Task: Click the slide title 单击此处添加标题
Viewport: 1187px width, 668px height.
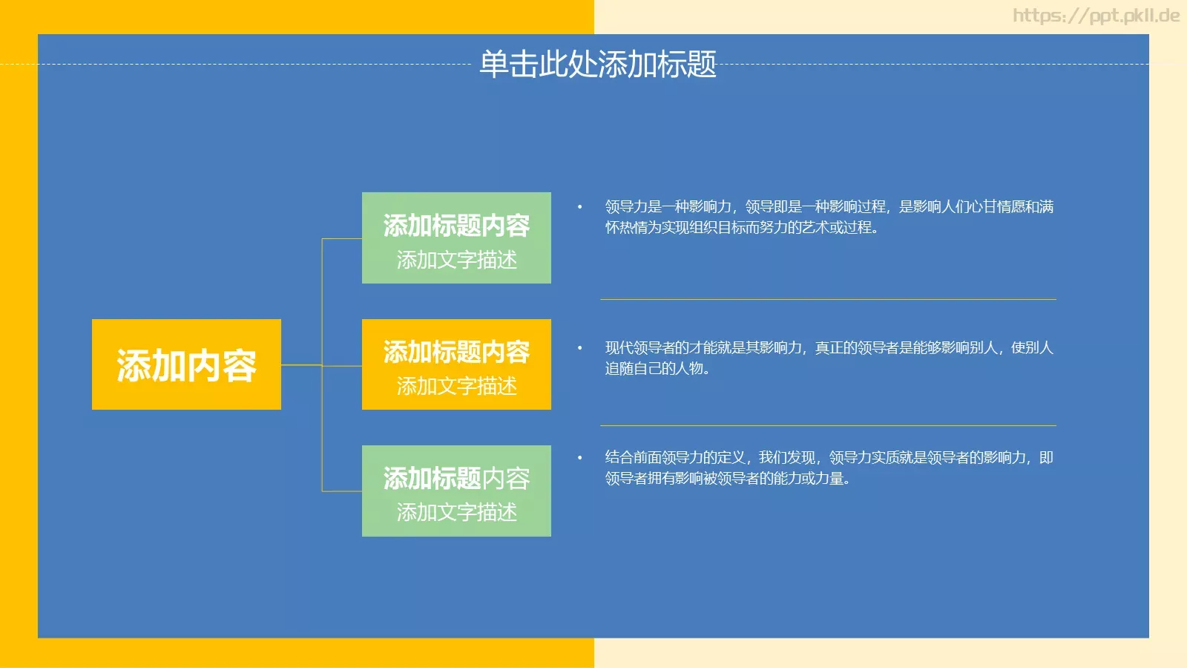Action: point(598,65)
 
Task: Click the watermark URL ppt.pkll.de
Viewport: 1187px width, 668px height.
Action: point(1096,16)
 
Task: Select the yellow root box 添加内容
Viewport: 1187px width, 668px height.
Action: point(186,364)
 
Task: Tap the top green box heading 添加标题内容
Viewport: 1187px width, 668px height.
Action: point(456,226)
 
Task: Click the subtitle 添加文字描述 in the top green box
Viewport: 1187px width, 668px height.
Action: point(456,260)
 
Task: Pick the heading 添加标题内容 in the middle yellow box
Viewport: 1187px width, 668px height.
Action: point(456,352)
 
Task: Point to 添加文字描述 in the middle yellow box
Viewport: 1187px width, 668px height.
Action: point(456,386)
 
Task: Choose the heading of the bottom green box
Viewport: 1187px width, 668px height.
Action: point(456,479)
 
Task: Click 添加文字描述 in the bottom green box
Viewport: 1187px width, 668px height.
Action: point(456,512)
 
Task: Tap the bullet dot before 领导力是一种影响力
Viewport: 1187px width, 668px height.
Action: point(580,207)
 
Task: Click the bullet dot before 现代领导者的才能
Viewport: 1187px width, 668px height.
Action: point(580,348)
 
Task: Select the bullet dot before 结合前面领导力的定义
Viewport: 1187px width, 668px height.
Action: point(580,458)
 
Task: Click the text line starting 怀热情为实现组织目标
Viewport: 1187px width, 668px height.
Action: point(742,228)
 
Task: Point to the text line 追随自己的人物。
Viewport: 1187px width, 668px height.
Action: point(657,369)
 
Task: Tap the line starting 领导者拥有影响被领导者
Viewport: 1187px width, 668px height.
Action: point(727,479)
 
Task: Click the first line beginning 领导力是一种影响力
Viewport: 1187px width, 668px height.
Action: point(829,207)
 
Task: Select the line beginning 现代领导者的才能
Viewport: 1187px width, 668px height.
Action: point(829,348)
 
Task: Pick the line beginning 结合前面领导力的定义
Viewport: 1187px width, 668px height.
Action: point(829,458)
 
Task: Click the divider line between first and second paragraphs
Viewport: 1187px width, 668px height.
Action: point(828,299)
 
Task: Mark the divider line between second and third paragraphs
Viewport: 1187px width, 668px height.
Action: point(828,425)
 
